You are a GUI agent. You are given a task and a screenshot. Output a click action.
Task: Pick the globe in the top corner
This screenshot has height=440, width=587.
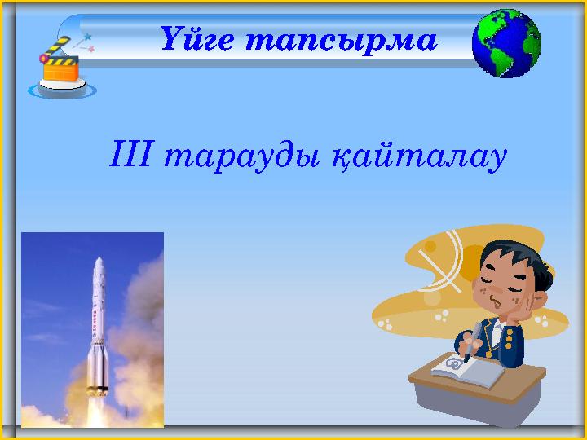pyautogui.click(x=506, y=44)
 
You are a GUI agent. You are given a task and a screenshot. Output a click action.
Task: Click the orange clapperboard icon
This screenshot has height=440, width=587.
pyautogui.click(x=61, y=70)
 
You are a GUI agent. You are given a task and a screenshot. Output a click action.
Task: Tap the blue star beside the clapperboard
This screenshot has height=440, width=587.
pyautogui.click(x=87, y=37)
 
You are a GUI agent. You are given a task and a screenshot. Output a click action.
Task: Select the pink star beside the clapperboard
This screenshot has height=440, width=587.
pyautogui.click(x=91, y=50)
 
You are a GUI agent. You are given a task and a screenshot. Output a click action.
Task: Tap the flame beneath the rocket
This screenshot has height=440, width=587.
pyautogui.click(x=99, y=407)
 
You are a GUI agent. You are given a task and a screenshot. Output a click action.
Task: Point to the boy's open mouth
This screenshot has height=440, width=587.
pyautogui.click(x=495, y=301)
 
